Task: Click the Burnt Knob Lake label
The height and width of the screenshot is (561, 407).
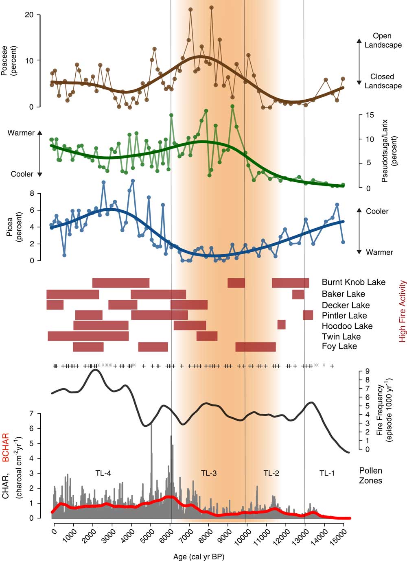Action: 353,282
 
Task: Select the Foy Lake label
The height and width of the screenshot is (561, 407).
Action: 339,346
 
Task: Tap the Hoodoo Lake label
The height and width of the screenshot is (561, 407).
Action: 347,326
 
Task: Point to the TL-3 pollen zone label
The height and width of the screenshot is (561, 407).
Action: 209,473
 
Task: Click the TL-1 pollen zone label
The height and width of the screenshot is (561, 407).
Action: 327,473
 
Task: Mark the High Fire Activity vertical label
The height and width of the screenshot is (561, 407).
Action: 402,311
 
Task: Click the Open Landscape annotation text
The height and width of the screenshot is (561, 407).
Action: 383,40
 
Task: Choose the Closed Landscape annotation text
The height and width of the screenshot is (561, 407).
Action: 383,81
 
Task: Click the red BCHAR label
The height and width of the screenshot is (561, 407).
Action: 6,447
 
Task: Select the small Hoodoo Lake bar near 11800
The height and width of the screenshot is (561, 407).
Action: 281,324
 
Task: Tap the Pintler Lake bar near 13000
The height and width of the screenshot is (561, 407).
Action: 308,315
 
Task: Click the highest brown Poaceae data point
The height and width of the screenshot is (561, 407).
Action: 211,7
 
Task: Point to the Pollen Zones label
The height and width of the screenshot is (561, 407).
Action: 370,475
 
